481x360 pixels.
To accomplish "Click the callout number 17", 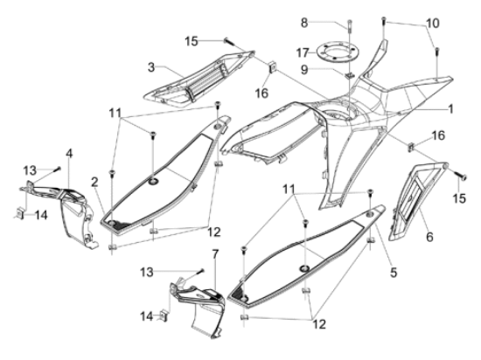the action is pyautogui.click(x=303, y=52).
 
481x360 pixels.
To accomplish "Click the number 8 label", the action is pyautogui.click(x=304, y=23).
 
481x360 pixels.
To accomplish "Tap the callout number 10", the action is pyautogui.click(x=433, y=23).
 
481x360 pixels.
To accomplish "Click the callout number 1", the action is pyautogui.click(x=450, y=108).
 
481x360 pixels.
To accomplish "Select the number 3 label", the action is pyautogui.click(x=151, y=67).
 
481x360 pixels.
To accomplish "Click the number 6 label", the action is pyautogui.click(x=429, y=236).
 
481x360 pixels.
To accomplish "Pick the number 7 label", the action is pyautogui.click(x=215, y=254).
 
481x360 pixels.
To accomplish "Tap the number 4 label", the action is pyautogui.click(x=69, y=154).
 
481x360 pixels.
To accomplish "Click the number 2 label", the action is pyautogui.click(x=94, y=182).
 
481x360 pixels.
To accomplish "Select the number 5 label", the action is pyautogui.click(x=394, y=272).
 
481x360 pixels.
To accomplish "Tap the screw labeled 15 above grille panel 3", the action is pyautogui.click(x=229, y=41).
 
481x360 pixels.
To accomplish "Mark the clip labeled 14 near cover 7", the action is pyautogui.click(x=164, y=316).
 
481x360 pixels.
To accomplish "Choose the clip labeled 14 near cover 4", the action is pyautogui.click(x=21, y=213).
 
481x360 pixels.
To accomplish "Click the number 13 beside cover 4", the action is pyautogui.click(x=31, y=170).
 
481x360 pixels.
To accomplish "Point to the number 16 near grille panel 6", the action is pyautogui.click(x=439, y=135).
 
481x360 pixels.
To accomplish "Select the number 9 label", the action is pyautogui.click(x=304, y=70).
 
